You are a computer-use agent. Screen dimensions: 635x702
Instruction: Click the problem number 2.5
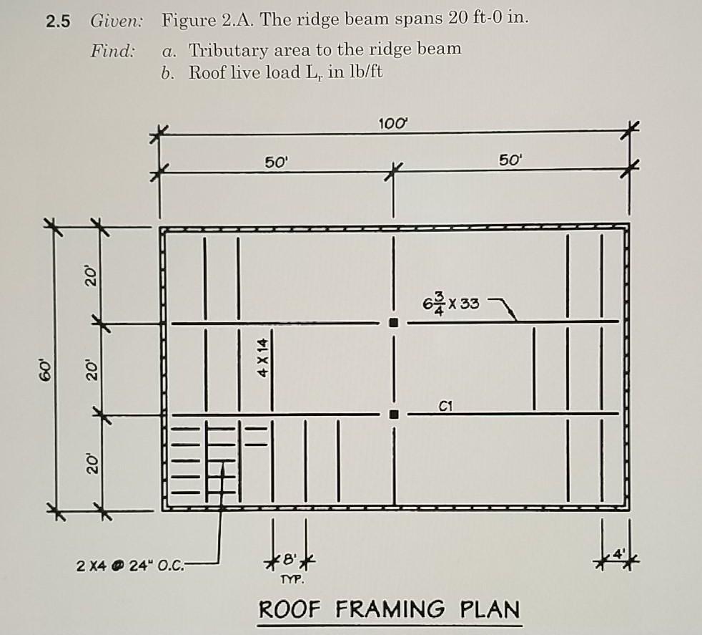point(58,21)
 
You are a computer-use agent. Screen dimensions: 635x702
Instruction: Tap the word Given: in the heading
point(117,21)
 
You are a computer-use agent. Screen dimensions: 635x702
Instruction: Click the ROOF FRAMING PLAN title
point(389,609)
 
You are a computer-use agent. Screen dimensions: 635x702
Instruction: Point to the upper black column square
point(392,323)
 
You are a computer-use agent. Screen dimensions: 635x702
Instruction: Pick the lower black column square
point(392,414)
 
